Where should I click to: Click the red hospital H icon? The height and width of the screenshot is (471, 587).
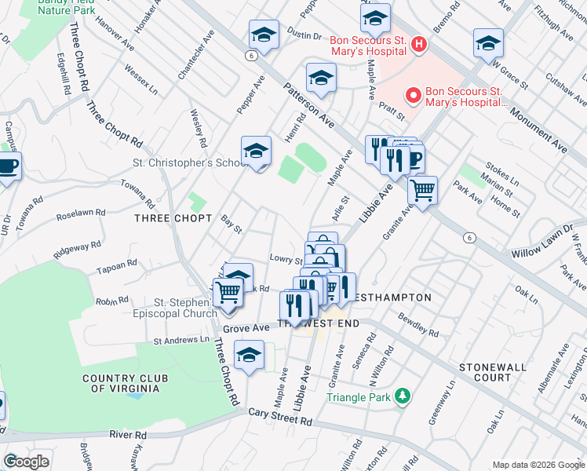(x=418, y=45)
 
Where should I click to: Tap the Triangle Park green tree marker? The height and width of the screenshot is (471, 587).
(x=402, y=396)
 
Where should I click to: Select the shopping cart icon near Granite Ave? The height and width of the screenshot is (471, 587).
(x=423, y=189)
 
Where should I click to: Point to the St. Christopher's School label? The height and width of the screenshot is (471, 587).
(x=182, y=163)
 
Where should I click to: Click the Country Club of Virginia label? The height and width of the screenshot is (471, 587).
(x=126, y=384)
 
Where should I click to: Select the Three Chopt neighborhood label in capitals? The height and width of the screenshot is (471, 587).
(x=173, y=217)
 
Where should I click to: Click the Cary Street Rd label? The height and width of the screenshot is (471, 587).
(x=280, y=417)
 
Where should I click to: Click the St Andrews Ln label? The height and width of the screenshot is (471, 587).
(x=181, y=341)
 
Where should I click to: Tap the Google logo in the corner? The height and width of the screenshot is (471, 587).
(x=26, y=461)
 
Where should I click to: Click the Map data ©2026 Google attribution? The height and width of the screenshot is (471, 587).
(x=538, y=465)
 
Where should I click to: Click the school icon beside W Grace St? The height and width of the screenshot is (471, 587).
(x=488, y=43)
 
